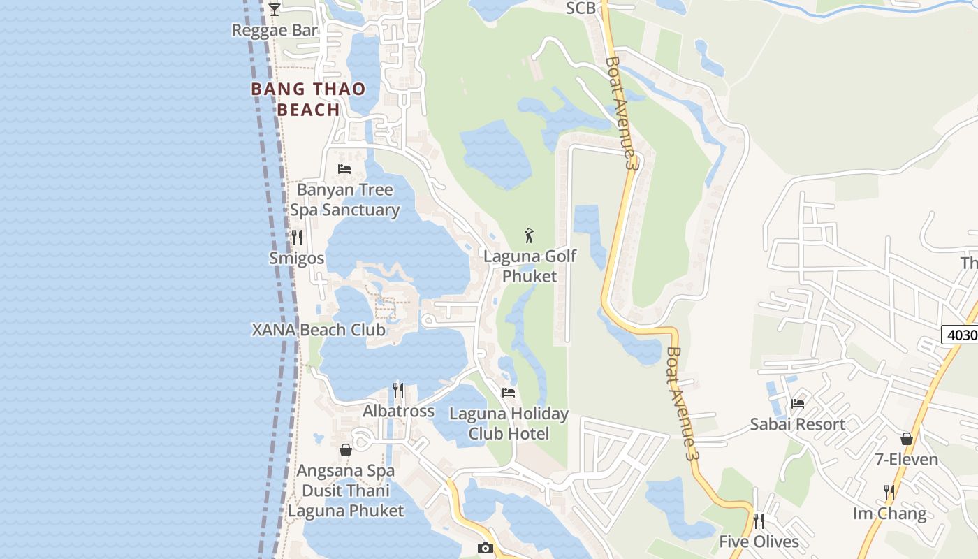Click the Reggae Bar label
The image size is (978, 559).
point(275,30)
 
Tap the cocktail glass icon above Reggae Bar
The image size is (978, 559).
point(275,9)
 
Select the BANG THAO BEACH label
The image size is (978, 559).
point(308,99)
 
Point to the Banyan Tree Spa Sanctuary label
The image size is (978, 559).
point(345,200)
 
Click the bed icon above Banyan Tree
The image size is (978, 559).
point(344,168)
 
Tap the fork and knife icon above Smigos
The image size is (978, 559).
point(297,238)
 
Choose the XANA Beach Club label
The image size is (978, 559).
point(319,330)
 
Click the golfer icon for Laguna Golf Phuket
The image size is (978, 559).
point(529,235)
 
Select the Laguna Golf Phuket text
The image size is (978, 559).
point(530,266)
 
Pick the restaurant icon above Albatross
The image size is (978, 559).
point(398,390)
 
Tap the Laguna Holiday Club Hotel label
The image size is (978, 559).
point(509,423)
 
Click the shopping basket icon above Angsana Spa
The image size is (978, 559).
point(345,450)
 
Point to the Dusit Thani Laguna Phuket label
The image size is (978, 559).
point(346,501)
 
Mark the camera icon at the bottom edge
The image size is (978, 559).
point(485,548)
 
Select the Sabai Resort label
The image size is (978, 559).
point(798,424)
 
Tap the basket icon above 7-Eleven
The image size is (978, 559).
point(907,439)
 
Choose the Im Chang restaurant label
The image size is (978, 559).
point(889,514)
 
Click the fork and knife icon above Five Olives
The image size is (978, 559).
point(759,521)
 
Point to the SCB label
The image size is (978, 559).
point(581,8)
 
